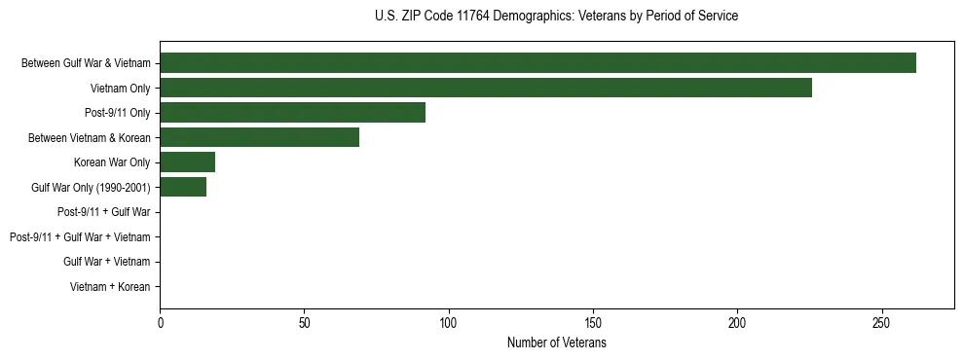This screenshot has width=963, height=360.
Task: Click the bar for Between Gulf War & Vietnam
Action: tap(537, 63)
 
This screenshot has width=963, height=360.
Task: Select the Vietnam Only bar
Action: tap(486, 88)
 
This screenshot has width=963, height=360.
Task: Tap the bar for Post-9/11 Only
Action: tap(292, 113)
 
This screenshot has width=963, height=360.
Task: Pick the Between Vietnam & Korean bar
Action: tap(259, 137)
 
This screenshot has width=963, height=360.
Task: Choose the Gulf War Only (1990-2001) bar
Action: tap(183, 187)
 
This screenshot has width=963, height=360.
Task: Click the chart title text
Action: tap(556, 17)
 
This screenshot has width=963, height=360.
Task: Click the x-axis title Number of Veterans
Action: tap(556, 343)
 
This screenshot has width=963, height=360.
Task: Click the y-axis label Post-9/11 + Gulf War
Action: tap(103, 212)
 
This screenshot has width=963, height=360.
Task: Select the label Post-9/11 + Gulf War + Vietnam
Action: tap(80, 237)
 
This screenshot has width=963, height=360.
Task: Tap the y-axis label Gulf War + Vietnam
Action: tap(106, 262)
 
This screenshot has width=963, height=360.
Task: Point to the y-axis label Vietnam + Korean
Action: tap(110, 287)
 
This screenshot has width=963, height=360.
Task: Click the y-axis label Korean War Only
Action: tap(112, 162)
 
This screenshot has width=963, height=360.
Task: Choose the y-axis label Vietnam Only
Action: tap(120, 88)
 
